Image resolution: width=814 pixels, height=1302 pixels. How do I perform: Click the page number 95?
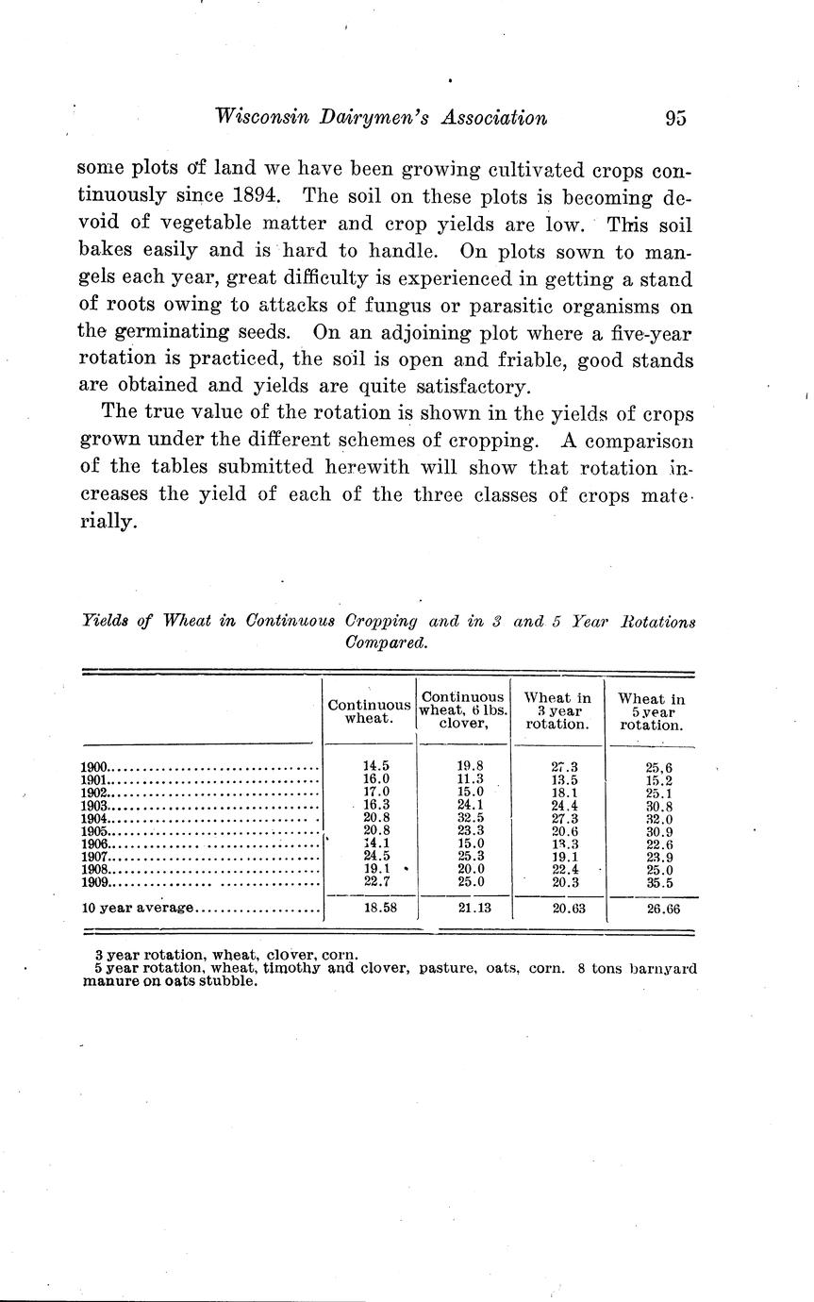(x=675, y=118)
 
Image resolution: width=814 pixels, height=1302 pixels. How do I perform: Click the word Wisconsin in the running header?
(x=261, y=118)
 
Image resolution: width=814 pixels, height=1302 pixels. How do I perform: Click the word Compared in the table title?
(x=388, y=642)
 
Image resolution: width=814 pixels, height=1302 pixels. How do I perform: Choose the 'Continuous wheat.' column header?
(x=369, y=711)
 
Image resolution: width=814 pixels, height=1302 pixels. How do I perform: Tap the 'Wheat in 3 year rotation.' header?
(x=557, y=711)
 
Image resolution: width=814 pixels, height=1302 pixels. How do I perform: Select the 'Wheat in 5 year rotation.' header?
(x=651, y=712)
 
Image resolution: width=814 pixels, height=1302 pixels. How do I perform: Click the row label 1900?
(x=96, y=768)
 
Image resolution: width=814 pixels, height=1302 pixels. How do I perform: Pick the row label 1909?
(x=96, y=883)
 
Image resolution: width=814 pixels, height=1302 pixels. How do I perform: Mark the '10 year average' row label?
(x=138, y=909)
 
